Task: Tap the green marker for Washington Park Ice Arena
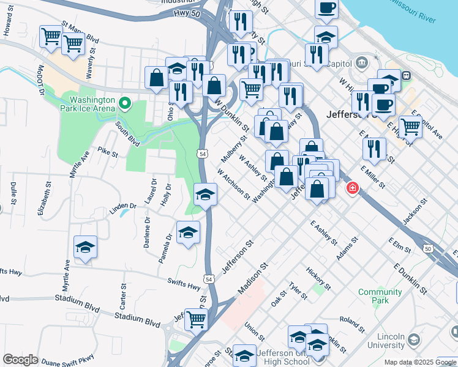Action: coord(126,103)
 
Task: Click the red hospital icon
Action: coord(352,188)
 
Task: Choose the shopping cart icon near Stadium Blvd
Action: coord(197,319)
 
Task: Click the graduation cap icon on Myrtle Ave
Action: coord(85,247)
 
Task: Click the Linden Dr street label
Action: coord(122,206)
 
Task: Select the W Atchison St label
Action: coord(233,183)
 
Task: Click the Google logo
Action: coord(20,360)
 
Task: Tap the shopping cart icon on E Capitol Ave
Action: coord(410,127)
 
